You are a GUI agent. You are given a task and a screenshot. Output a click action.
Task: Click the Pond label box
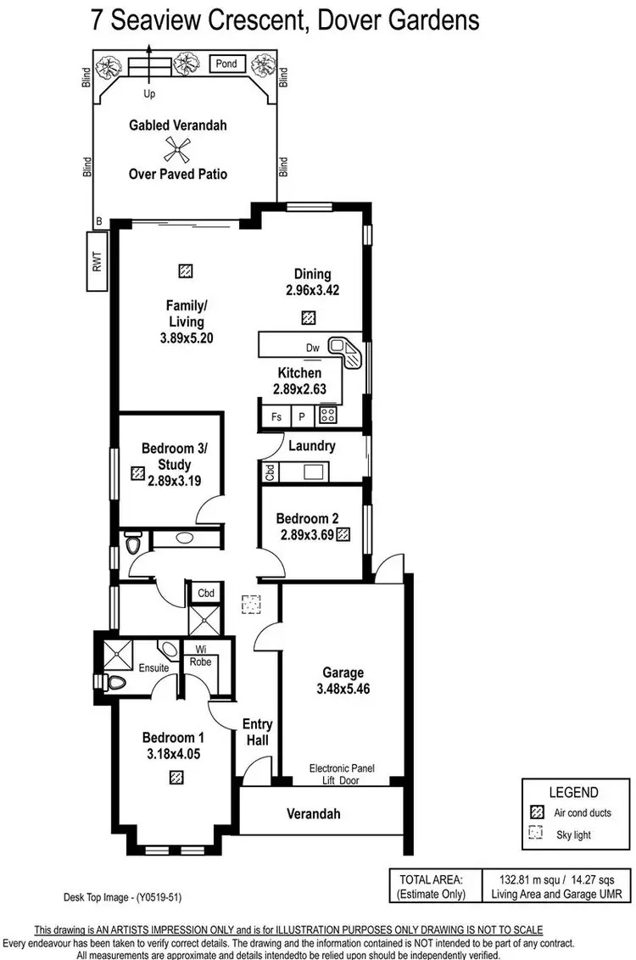(x=226, y=64)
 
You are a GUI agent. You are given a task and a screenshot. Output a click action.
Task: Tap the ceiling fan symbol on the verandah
(x=177, y=150)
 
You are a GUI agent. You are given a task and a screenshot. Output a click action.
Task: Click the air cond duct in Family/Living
(x=186, y=271)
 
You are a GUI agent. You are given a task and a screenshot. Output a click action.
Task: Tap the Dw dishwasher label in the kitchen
(x=313, y=348)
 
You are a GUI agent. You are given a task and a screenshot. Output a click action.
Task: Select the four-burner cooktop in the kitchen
(x=327, y=416)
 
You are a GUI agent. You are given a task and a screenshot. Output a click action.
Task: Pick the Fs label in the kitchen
(x=276, y=417)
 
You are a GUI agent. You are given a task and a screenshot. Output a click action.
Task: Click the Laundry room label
(x=311, y=445)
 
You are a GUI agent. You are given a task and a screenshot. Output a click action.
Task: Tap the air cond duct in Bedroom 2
(x=343, y=534)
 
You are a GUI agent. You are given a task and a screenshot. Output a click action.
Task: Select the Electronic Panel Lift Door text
(x=342, y=774)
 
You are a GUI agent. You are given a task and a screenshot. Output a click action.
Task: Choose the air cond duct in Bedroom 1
(x=176, y=776)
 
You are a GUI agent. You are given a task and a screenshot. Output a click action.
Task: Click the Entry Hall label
(x=257, y=732)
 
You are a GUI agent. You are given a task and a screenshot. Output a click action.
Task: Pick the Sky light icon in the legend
(x=535, y=834)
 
